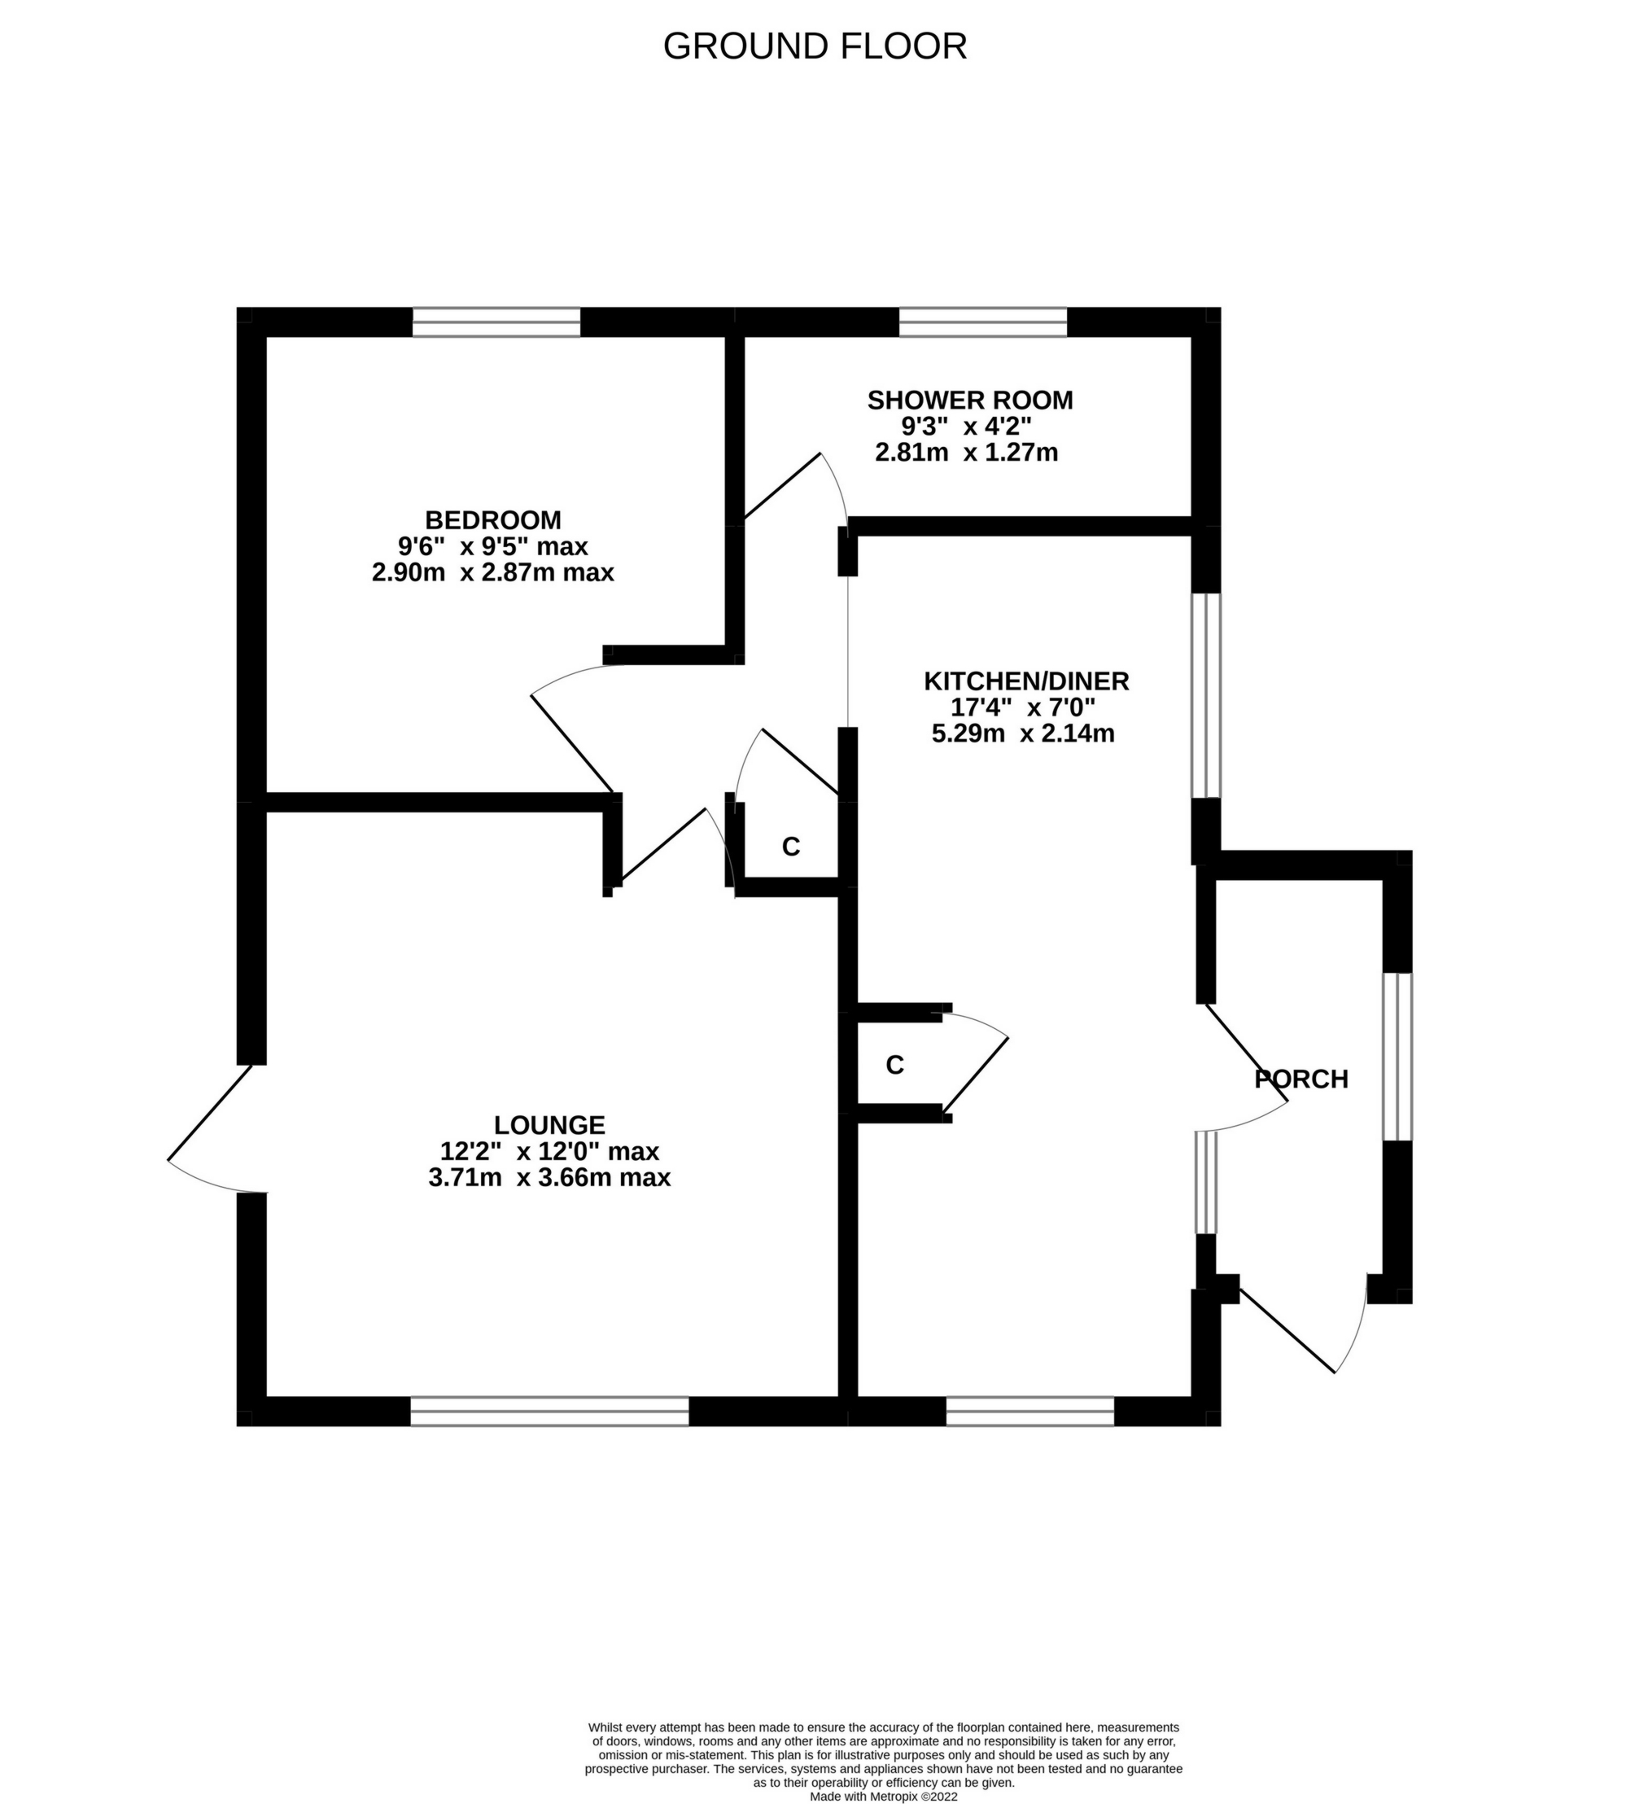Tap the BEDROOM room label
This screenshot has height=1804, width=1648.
coord(493,520)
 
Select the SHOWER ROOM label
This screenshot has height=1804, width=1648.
coord(970,400)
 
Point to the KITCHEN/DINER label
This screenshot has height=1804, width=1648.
coord(1026,681)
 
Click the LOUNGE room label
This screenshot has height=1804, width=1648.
coord(549,1125)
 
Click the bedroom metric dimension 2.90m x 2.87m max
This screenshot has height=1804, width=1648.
coord(493,572)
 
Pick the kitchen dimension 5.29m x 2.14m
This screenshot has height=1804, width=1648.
coord(1023,733)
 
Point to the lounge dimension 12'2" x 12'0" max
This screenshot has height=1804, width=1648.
coord(549,1151)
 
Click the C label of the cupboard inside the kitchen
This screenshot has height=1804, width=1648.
coord(894,1065)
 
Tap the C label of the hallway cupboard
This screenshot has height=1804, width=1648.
coord(791,847)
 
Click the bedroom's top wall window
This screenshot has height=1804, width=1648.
coord(496,322)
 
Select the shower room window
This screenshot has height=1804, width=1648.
coord(982,322)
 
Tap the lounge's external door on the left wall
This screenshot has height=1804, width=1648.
coord(215,1129)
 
